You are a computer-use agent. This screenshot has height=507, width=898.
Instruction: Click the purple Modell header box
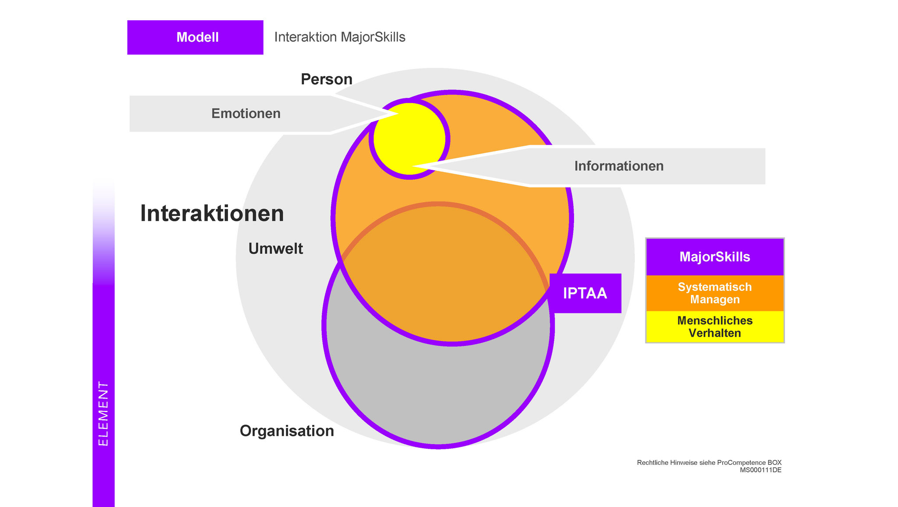click(195, 37)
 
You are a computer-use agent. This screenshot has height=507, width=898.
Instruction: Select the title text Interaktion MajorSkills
click(340, 37)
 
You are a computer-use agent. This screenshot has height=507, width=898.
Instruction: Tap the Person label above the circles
click(327, 79)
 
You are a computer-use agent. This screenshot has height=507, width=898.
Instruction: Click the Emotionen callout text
click(246, 114)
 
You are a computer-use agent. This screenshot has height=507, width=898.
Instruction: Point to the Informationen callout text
click(619, 166)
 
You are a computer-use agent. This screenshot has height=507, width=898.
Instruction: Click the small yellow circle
click(409, 139)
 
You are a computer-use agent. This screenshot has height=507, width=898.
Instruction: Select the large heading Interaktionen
click(212, 214)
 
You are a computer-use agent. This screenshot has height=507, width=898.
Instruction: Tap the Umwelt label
click(276, 249)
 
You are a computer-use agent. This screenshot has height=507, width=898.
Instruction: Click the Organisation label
click(287, 431)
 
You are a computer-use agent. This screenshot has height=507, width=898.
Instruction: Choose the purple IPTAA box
click(585, 293)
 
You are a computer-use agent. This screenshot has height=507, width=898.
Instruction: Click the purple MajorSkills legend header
click(715, 257)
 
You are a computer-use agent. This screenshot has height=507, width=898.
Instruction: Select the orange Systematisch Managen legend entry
click(715, 293)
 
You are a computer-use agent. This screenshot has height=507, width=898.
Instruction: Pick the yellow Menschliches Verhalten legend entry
click(715, 327)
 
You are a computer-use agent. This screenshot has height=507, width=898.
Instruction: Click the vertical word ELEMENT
click(103, 414)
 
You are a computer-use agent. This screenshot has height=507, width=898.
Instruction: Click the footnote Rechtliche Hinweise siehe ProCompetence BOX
click(709, 463)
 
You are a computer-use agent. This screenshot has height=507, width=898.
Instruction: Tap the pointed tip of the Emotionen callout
click(397, 115)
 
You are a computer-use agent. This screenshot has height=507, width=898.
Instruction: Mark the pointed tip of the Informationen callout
click(412, 166)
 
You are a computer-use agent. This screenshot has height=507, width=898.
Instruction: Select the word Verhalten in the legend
click(715, 333)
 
